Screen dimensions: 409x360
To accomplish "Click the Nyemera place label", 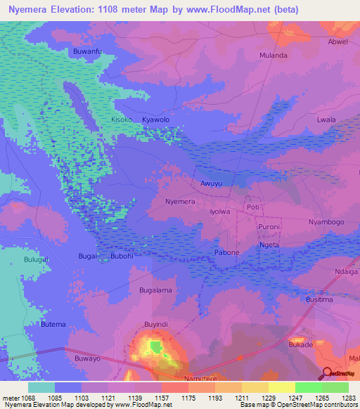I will [179, 201].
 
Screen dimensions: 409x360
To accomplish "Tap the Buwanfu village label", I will [88, 52].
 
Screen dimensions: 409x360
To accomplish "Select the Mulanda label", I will [274, 55].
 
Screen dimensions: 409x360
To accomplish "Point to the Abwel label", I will [337, 41].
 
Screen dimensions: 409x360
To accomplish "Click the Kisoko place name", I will [122, 120].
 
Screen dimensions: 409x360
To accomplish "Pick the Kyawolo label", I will [156, 120].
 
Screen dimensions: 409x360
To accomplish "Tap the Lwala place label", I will [326, 120].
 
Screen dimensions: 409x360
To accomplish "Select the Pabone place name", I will [226, 252].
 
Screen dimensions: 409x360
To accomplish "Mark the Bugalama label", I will [155, 290].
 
